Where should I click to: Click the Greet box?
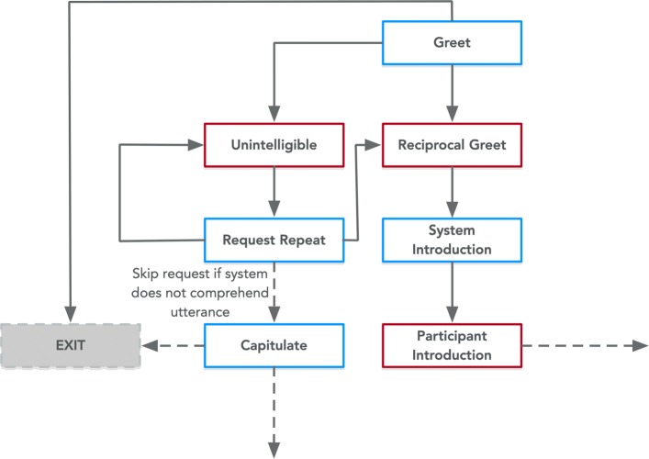point(452,43)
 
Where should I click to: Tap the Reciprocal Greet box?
point(452,145)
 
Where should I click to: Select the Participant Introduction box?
point(452,346)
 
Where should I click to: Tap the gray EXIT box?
point(71,346)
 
